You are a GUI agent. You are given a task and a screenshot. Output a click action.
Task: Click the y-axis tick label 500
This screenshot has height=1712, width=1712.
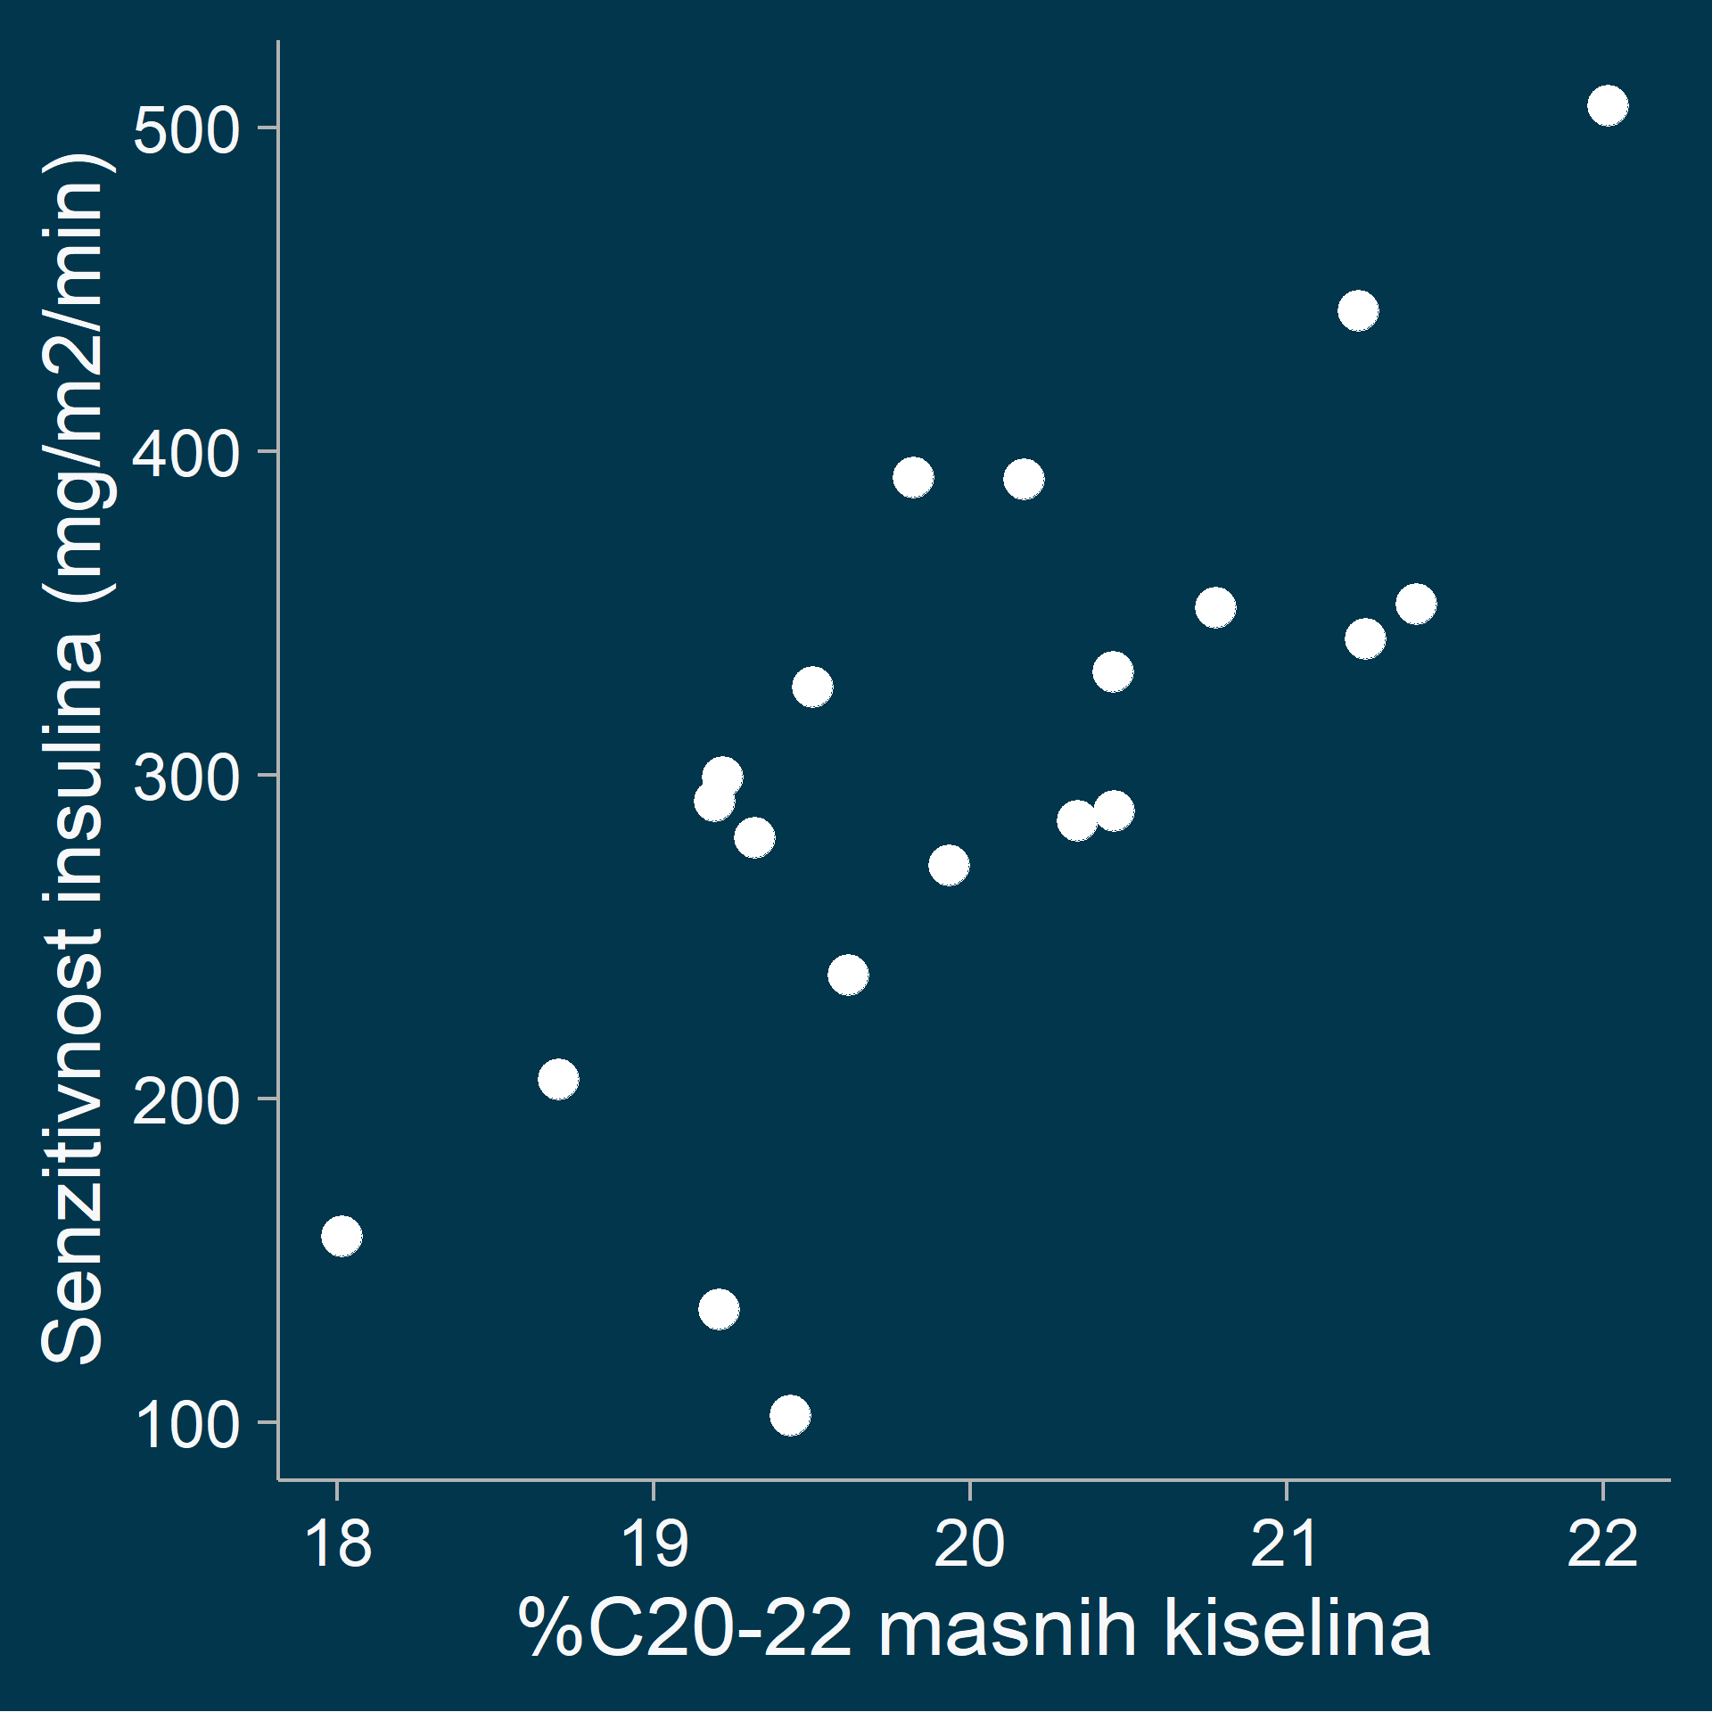coord(186,130)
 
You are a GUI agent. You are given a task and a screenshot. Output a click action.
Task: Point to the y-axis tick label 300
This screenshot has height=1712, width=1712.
coord(186,778)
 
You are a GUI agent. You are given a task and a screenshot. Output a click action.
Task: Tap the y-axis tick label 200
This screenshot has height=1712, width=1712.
coord(186,1101)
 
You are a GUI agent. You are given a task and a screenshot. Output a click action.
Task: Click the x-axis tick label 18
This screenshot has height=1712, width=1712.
coord(337,1544)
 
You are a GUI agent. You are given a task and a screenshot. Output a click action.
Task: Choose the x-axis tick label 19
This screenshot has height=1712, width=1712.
coord(654,1544)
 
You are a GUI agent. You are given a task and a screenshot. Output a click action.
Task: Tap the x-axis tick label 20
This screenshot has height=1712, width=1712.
coord(969,1544)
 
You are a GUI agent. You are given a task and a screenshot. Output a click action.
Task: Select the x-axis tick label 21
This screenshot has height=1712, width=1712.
coord(1286,1544)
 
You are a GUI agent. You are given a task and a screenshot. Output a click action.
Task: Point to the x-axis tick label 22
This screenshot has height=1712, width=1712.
coord(1602,1544)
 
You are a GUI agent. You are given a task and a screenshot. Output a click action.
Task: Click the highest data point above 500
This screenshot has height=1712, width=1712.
coord(1608,106)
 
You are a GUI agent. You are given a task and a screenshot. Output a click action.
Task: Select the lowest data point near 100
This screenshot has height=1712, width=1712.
coord(790,1415)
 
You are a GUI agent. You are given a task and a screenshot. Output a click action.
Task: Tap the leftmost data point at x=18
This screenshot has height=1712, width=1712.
coord(342,1236)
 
